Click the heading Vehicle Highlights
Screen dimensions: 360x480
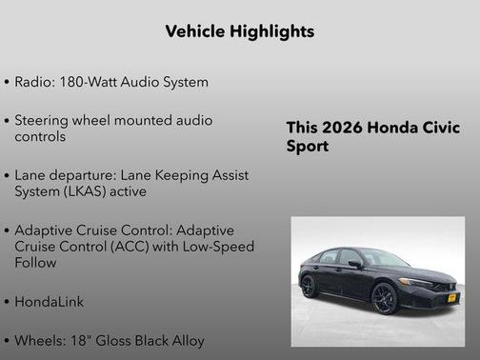pyautogui.click(x=240, y=31)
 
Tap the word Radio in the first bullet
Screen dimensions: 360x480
pyautogui.click(x=35, y=82)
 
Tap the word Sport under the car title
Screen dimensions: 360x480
pyautogui.click(x=308, y=148)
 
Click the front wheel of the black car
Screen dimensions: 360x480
pyautogui.click(x=384, y=298)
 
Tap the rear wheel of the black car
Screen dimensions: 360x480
pyautogui.click(x=310, y=285)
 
